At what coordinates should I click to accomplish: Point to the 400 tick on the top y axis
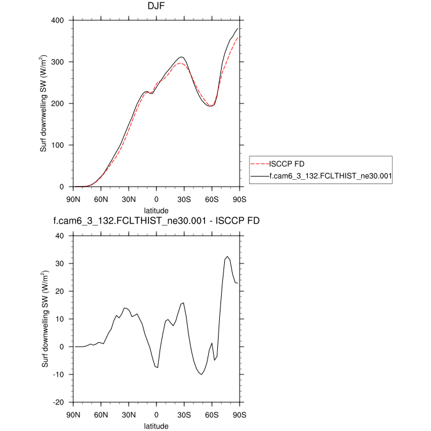tap(58, 20)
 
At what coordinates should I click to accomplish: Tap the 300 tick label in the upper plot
tap(58, 62)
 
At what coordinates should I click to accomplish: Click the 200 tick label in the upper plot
tap(58, 104)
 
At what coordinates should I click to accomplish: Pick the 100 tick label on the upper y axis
tap(58, 146)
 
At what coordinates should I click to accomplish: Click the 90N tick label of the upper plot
tap(73, 199)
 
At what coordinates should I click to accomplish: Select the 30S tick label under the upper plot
tap(184, 199)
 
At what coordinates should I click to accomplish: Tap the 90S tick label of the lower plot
tap(240, 414)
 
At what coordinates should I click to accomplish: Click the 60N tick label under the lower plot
tap(101, 414)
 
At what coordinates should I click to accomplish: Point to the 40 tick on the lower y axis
tap(60, 236)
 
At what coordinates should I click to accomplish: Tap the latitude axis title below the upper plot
tap(156, 209)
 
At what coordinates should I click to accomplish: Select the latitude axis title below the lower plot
tap(156, 425)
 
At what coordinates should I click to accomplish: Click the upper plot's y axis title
tap(44, 103)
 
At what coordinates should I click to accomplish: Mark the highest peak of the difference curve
tap(227, 257)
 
